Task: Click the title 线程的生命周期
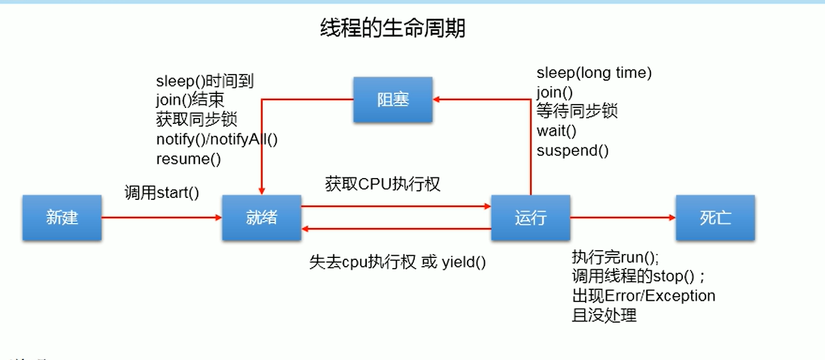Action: (x=393, y=29)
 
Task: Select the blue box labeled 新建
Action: (x=62, y=217)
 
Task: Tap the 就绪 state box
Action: (x=261, y=217)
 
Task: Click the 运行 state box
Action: (x=531, y=217)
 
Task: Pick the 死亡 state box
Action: (x=715, y=217)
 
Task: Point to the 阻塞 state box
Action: (x=393, y=100)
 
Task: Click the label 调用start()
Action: (x=162, y=193)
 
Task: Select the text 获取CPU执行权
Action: (x=383, y=184)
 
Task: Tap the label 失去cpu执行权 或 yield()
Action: (x=397, y=262)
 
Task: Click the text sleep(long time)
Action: (x=594, y=73)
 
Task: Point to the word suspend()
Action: (x=572, y=150)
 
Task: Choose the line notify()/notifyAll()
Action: (x=217, y=139)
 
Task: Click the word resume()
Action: (x=188, y=159)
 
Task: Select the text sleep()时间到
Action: (x=205, y=81)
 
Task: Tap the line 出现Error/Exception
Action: (x=644, y=295)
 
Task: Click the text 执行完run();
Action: (x=615, y=257)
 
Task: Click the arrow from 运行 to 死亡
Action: (x=623, y=217)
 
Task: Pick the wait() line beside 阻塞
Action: (x=556, y=131)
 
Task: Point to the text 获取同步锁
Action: (x=197, y=120)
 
